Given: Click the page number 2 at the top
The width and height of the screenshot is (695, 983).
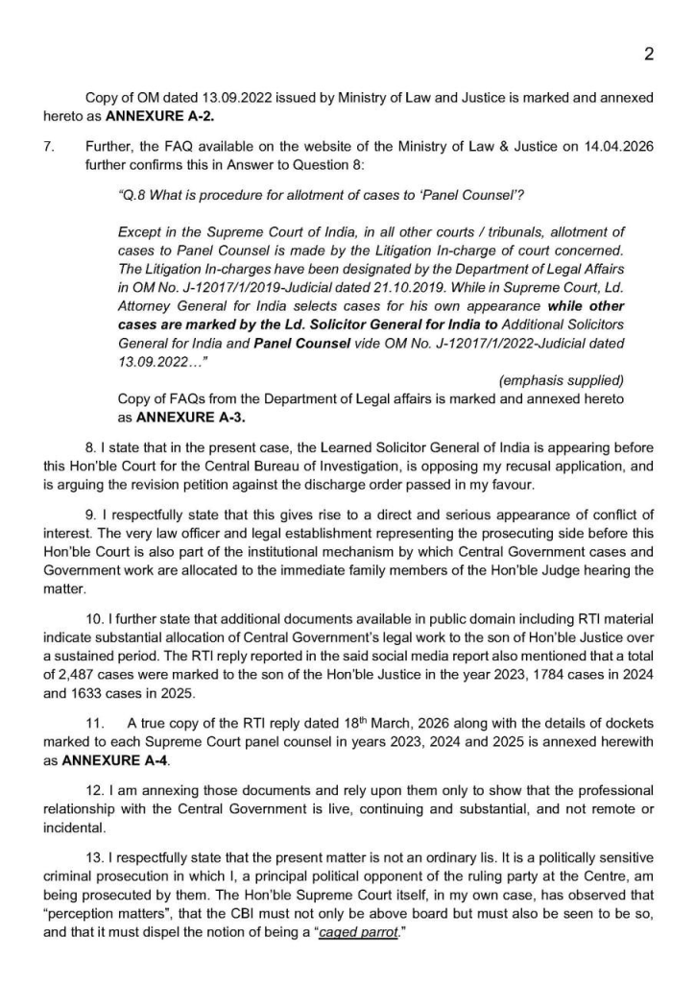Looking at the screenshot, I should (x=649, y=55).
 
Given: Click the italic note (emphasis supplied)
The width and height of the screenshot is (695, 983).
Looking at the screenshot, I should (x=562, y=379).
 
